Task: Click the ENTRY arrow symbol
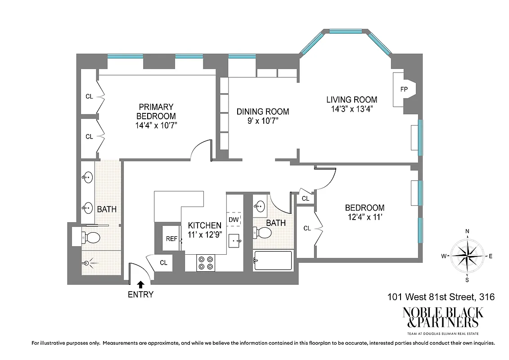click(141, 284)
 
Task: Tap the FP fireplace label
click(404, 89)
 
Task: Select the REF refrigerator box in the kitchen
click(171, 239)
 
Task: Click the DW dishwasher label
click(234, 219)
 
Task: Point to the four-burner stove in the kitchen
click(206, 263)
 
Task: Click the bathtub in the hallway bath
click(273, 261)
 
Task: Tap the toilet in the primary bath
click(92, 237)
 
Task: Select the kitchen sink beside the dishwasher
click(234, 241)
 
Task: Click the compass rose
click(467, 256)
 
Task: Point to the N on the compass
click(467, 232)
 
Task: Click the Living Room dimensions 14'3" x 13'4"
click(351, 109)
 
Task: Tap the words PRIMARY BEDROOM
click(156, 111)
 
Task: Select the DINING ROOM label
click(263, 112)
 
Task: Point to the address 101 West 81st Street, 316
click(441, 297)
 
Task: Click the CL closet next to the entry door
click(163, 263)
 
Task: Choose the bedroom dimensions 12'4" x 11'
click(365, 217)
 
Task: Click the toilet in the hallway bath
click(263, 233)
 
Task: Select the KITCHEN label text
click(204, 225)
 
